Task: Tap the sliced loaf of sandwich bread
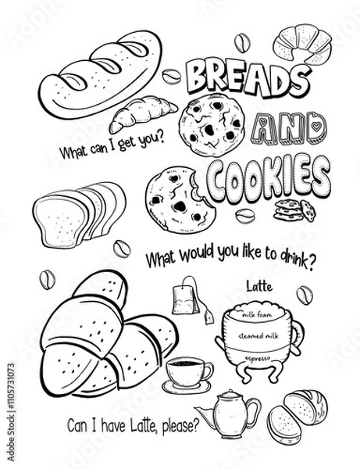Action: (x=78, y=213)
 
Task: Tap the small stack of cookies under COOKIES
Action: (x=296, y=208)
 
